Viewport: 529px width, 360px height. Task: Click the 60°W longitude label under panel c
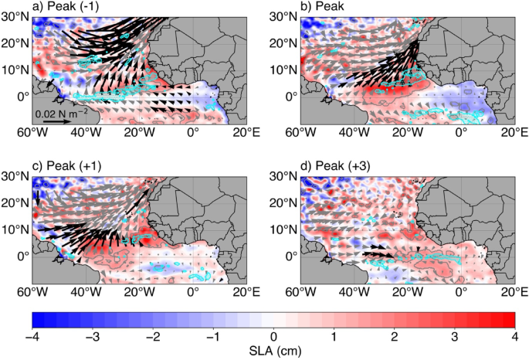(x=32, y=297)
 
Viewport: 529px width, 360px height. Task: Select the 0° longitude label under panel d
(x=461, y=297)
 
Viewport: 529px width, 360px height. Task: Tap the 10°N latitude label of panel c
(x=15, y=229)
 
